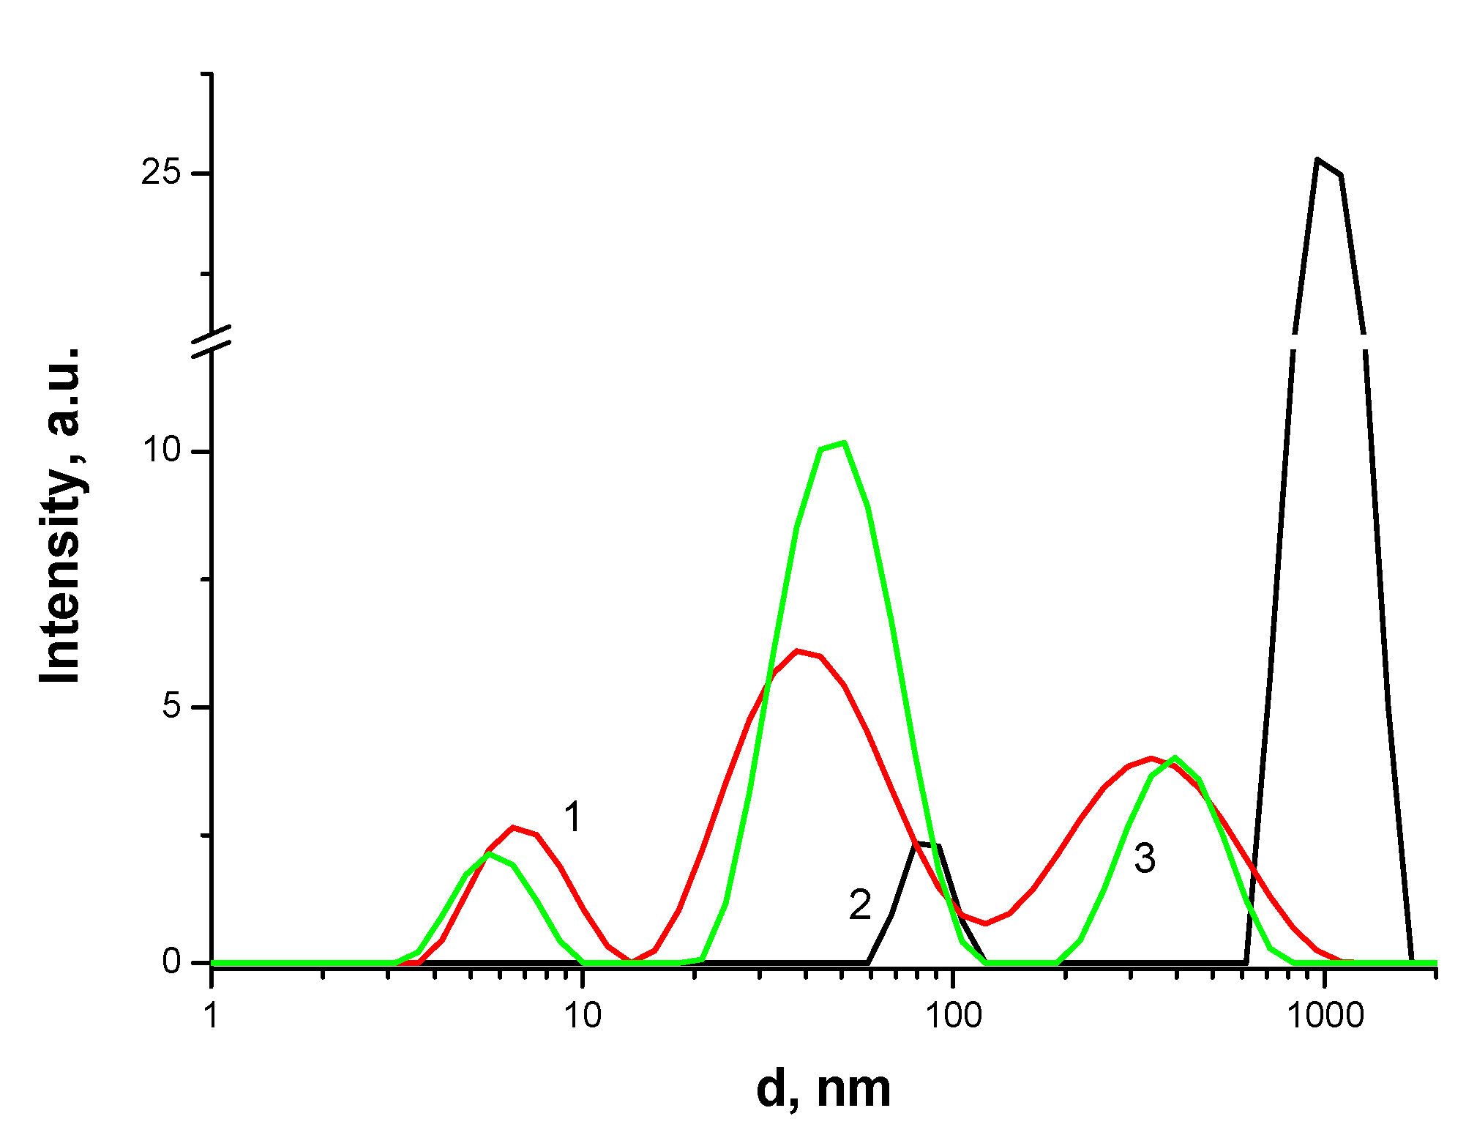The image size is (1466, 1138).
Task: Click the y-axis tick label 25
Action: pos(160,174)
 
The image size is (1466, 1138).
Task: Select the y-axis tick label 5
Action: pos(171,707)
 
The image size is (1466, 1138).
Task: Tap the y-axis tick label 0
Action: pos(172,962)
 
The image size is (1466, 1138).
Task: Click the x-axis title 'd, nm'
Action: pos(823,1090)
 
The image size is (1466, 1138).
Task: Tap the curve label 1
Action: pos(572,817)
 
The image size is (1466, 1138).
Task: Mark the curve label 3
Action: pos(1145,858)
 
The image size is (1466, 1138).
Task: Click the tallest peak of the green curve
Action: pos(844,443)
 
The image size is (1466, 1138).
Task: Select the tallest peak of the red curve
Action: pos(798,650)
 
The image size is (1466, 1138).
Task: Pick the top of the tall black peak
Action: pos(1317,159)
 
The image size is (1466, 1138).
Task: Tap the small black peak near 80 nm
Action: pos(926,845)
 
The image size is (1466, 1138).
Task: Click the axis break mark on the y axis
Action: pos(212,341)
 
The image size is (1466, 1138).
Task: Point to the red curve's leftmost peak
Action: pos(514,828)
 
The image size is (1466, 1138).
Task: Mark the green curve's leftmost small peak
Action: pos(490,854)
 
